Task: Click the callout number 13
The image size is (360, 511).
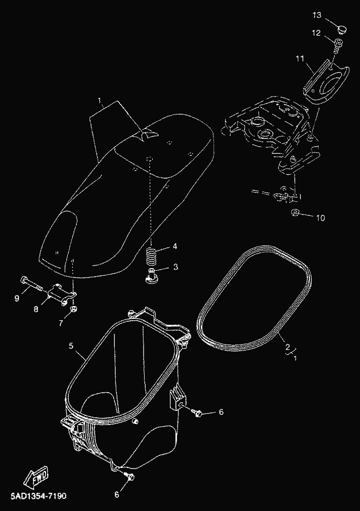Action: click(317, 15)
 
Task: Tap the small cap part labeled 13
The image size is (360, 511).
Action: click(341, 29)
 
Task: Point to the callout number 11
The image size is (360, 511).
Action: click(300, 58)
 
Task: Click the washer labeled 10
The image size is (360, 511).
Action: click(295, 213)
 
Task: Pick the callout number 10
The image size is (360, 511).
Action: click(321, 218)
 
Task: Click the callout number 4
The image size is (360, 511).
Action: click(174, 246)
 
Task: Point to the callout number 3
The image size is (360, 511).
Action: click(175, 267)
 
